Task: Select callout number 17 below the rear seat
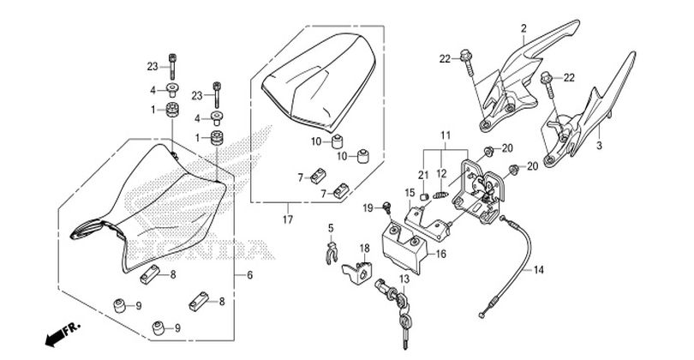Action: click(x=288, y=219)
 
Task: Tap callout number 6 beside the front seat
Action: click(x=249, y=275)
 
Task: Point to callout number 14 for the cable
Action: click(x=538, y=270)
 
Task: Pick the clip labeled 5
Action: click(x=332, y=254)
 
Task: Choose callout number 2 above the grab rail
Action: click(x=524, y=29)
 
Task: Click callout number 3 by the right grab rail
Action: click(x=599, y=145)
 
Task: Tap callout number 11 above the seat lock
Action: click(x=446, y=135)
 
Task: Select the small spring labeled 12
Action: click(x=441, y=195)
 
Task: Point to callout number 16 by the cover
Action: click(x=441, y=255)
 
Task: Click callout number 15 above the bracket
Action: click(x=410, y=193)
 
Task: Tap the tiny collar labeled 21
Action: click(x=424, y=196)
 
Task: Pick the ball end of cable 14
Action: click(x=482, y=315)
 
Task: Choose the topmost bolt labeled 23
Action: click(x=172, y=66)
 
